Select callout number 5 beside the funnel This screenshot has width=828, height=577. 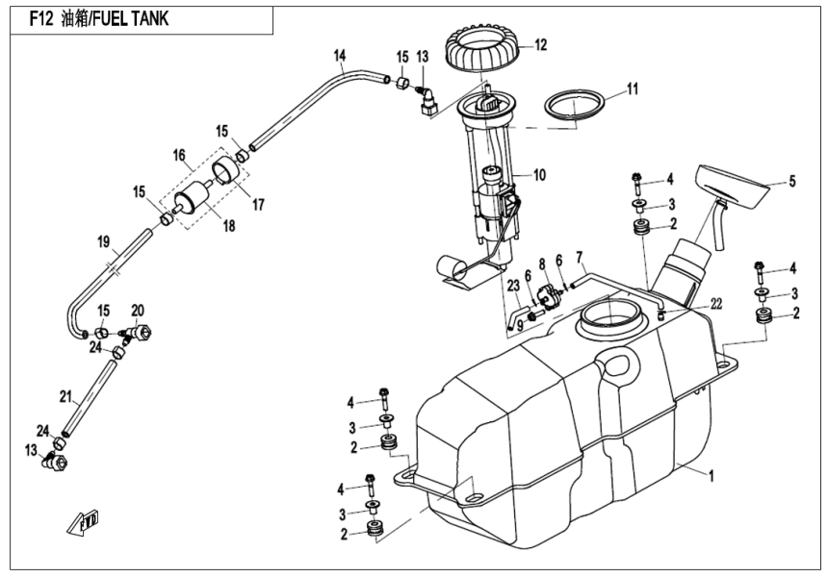point(792,180)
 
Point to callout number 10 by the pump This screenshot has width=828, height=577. point(538,175)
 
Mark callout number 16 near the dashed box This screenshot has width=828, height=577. point(178,154)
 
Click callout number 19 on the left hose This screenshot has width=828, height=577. point(103,242)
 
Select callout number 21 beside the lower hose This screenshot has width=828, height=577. point(65,395)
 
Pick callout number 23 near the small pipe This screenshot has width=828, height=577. point(514,285)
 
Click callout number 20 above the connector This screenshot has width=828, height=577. point(137,310)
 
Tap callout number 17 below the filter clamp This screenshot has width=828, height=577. point(258,203)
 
